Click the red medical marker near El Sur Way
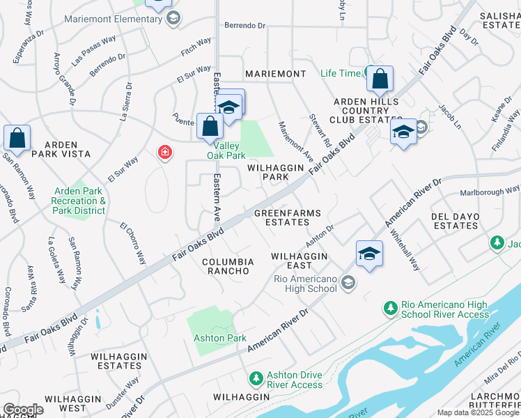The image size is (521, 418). (164, 152)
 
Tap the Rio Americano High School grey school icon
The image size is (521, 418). (348, 282)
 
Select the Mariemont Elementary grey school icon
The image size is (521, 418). (173, 19)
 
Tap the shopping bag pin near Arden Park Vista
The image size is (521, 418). (17, 139)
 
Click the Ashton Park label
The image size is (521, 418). (220, 338)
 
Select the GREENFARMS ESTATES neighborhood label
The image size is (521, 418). (281, 217)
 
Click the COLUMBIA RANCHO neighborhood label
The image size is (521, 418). (227, 267)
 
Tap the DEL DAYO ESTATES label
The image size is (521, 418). (456, 221)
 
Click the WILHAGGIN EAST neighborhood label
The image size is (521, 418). (300, 261)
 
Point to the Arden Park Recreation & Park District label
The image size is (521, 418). (81, 201)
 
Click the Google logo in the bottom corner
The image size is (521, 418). (23, 410)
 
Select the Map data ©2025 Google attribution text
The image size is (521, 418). (478, 412)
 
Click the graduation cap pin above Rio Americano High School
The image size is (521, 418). (369, 254)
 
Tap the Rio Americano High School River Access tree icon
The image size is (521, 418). (390, 307)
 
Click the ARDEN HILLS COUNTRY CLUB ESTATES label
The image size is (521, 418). (359, 111)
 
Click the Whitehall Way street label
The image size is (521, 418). (405, 251)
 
